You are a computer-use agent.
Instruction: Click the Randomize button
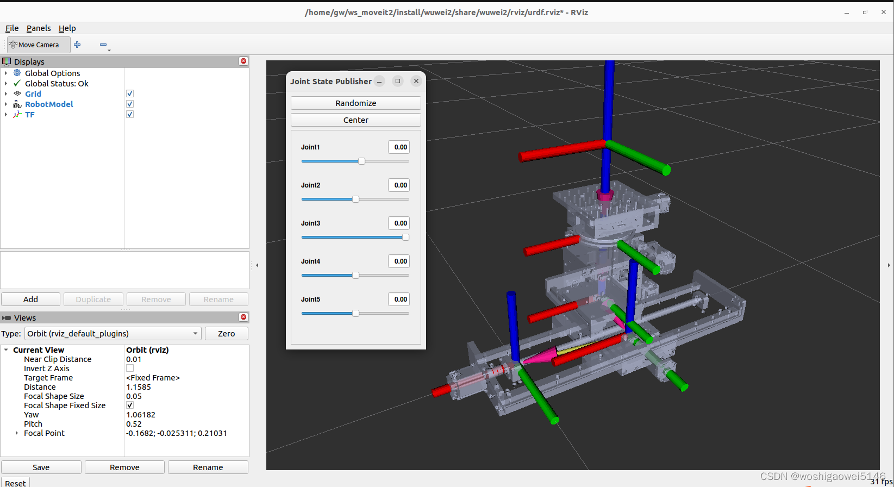coord(355,103)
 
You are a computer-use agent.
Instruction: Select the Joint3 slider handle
coord(405,238)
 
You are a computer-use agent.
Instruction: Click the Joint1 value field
coord(399,147)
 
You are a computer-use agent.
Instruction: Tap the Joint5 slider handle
coord(355,314)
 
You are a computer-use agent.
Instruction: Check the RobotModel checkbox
coord(130,104)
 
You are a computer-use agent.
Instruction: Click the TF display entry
coord(30,115)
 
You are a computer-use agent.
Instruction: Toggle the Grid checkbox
coord(130,93)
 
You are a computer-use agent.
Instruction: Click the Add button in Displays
coord(30,299)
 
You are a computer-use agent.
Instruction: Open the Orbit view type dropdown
coord(112,334)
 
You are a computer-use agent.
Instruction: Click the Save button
coord(41,467)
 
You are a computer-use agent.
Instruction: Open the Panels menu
coord(39,28)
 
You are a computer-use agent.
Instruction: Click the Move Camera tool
coord(39,45)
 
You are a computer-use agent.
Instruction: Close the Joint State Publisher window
coord(416,81)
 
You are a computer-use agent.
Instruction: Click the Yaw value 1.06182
coord(141,415)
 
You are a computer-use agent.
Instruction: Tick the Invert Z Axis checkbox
coord(130,369)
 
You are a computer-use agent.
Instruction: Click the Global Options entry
coord(52,73)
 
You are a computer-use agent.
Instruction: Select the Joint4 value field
coord(399,261)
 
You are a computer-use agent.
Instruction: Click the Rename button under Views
coord(208,467)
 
